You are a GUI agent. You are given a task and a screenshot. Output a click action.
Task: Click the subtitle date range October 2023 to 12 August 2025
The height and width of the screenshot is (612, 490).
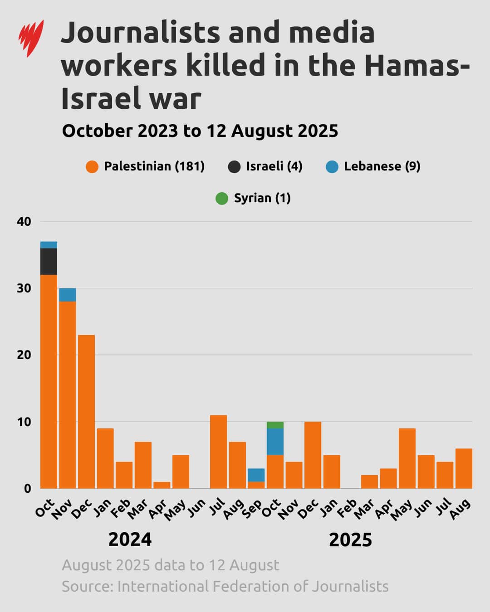tap(200, 131)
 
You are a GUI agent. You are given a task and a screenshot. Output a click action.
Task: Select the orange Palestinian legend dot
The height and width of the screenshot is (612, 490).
tap(92, 167)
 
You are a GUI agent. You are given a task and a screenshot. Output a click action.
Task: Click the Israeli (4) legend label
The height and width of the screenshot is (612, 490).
tap(274, 166)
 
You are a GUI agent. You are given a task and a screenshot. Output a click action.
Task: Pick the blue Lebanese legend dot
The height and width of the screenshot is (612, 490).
tap(332, 167)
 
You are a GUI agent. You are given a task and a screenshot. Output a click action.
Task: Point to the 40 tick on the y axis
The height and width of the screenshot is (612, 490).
tap(24, 222)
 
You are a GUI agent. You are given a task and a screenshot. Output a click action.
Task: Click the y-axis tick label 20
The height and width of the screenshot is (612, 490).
tap(24, 355)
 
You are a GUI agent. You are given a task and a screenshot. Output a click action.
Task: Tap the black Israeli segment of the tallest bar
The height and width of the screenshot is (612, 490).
tap(49, 262)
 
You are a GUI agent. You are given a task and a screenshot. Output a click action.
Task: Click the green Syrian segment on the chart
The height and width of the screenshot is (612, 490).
tap(275, 425)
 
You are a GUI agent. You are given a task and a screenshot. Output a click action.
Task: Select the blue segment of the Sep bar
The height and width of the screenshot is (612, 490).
tap(256, 475)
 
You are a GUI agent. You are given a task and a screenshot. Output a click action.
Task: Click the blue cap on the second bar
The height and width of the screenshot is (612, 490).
tap(68, 295)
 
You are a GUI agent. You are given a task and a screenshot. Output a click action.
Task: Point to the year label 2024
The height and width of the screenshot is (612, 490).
tap(130, 539)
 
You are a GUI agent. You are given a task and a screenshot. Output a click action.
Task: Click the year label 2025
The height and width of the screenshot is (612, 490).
tap(350, 540)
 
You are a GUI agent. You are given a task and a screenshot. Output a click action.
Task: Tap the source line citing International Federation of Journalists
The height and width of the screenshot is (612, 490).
tap(225, 586)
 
